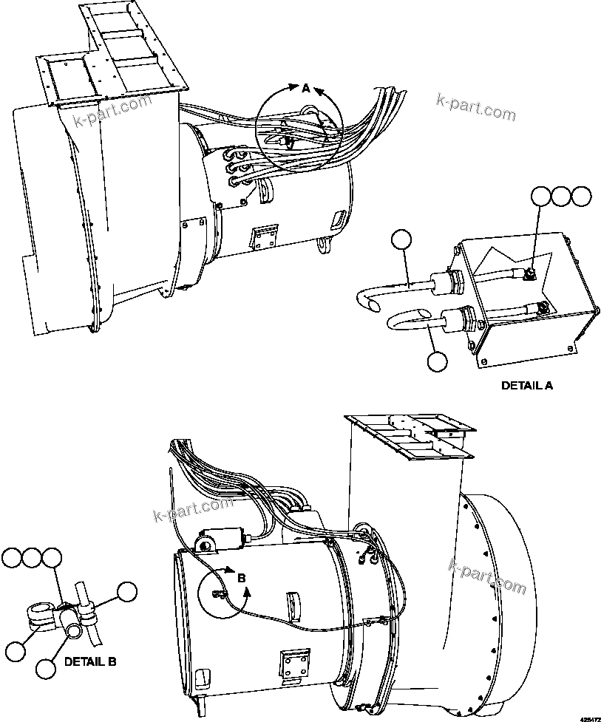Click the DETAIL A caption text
[x=527, y=385]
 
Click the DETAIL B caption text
[x=90, y=661]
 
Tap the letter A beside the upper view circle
[x=306, y=89]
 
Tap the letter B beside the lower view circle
[x=241, y=579]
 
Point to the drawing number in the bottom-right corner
[x=588, y=717]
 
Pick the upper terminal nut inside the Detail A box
[x=531, y=276]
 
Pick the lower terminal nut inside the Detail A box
[x=543, y=307]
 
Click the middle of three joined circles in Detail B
[x=32, y=558]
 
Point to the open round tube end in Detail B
[x=74, y=629]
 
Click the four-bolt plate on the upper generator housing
[x=264, y=235]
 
